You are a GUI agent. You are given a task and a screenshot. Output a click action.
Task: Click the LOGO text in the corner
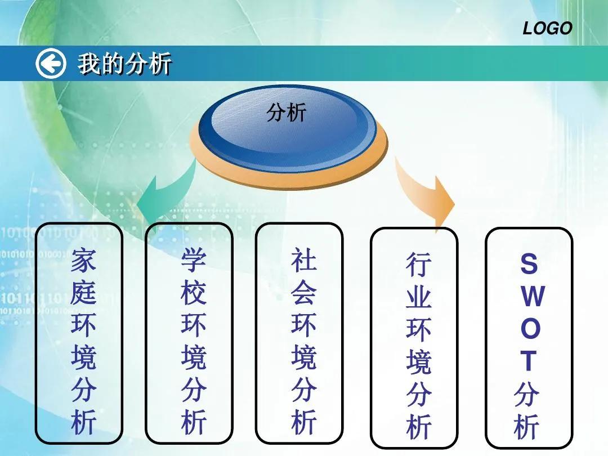(x=547, y=28)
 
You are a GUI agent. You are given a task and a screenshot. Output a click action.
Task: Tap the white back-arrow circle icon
(x=51, y=64)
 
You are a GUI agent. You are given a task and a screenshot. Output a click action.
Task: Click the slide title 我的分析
(x=124, y=64)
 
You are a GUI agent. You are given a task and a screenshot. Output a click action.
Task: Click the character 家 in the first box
(x=83, y=261)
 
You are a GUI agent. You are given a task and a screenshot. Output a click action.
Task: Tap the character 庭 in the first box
(x=83, y=293)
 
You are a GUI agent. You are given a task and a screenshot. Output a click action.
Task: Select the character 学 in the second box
(x=193, y=260)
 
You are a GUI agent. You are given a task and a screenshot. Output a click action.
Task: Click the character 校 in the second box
(x=193, y=293)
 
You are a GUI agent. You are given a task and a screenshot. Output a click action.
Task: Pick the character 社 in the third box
(x=303, y=260)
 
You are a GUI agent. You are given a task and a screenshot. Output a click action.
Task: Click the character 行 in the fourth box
(x=418, y=265)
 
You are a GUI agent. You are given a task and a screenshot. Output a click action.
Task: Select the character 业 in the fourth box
(x=418, y=297)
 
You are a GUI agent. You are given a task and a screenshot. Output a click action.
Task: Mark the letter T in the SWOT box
(x=529, y=361)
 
